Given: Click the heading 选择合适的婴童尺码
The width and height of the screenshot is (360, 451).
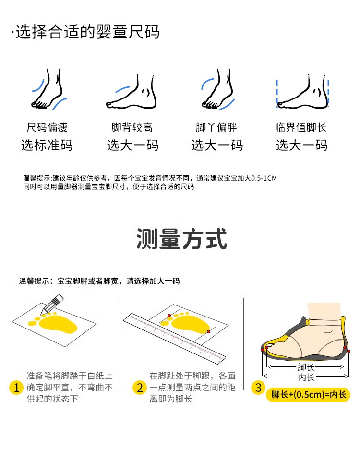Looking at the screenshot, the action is [87, 32].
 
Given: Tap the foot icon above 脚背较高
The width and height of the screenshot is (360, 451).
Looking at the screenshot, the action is [132, 92].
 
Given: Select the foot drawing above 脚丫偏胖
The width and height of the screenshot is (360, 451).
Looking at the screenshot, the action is [218, 89].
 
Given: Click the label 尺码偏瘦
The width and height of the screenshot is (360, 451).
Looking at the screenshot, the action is [47, 127].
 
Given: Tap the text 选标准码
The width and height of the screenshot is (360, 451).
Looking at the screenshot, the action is [47, 145].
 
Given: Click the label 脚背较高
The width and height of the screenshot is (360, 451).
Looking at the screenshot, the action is [132, 127].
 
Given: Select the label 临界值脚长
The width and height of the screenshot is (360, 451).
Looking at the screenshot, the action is [301, 127].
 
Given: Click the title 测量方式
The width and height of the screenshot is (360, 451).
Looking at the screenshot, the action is [182, 239].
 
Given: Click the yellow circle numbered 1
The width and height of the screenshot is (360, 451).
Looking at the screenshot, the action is [16, 388].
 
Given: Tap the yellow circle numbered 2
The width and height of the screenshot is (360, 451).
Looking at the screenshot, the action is [140, 388].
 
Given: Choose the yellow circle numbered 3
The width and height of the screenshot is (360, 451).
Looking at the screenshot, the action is [258, 388].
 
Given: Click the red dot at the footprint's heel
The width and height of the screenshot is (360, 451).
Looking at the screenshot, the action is [208, 331].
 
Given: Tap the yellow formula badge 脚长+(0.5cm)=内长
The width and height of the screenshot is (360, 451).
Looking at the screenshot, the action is [308, 395].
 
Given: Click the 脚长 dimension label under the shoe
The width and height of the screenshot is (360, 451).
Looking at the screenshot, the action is [306, 367].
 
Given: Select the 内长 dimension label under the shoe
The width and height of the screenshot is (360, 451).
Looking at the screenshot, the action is [306, 377].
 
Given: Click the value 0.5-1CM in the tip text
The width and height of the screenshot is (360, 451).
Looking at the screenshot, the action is [264, 178].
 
